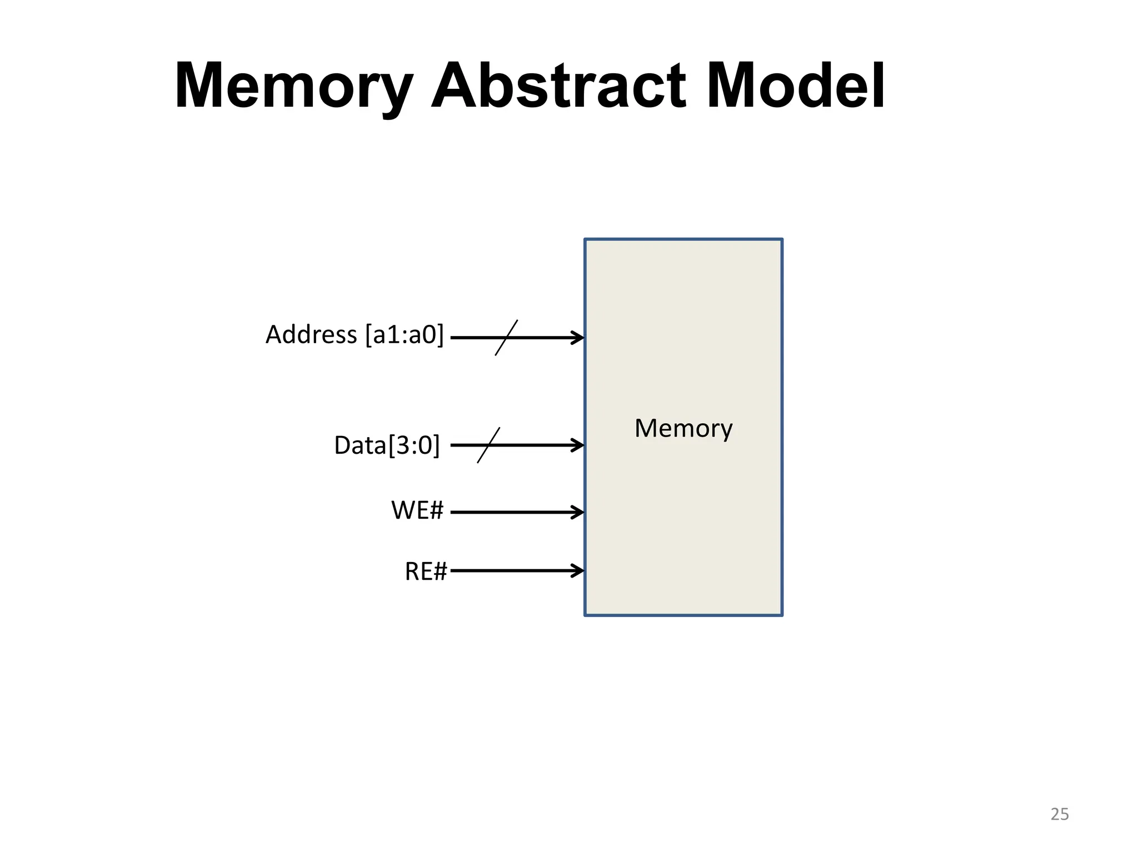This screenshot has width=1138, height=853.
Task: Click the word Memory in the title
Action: pos(293,87)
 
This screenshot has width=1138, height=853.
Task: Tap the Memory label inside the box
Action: pos(683,429)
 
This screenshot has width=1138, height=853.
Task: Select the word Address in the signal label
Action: pos(311,335)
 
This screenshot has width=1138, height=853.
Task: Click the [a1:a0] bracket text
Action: pos(405,335)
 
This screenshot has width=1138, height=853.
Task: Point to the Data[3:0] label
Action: pos(387,445)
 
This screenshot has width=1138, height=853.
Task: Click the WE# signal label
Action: pos(417,510)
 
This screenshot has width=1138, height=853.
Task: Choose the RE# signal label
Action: pos(426,571)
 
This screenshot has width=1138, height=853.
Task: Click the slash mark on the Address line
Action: pos(506,338)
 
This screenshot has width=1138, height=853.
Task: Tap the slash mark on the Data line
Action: pos(488,445)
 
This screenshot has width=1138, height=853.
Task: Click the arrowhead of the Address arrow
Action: pos(580,338)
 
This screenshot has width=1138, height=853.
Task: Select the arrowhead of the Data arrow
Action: pos(580,445)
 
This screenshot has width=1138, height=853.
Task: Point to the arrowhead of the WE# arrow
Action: pos(580,512)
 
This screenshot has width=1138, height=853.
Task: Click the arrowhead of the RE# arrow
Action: pos(580,570)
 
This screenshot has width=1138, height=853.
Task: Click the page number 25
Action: pos(1059,814)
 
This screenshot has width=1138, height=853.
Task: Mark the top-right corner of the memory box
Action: pos(782,240)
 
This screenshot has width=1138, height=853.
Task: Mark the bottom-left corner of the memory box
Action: pos(585,615)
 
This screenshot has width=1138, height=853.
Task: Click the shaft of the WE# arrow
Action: pos(511,512)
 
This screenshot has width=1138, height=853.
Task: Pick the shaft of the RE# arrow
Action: pos(511,570)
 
